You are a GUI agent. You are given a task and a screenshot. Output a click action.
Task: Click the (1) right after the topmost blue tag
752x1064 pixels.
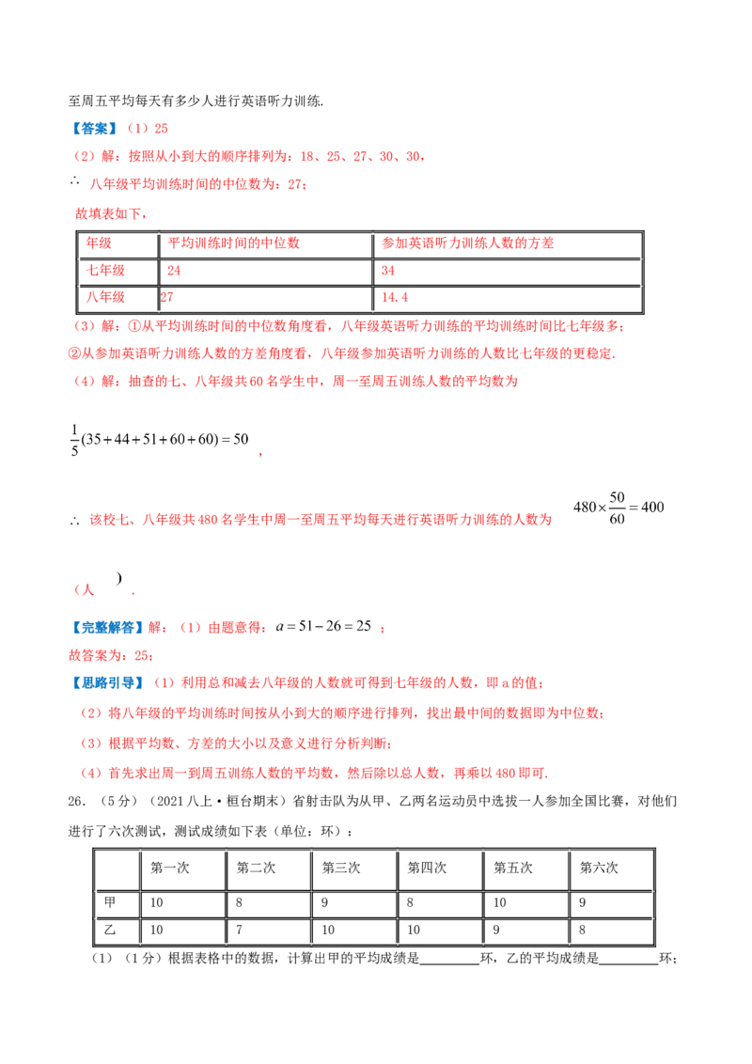[x=136, y=128]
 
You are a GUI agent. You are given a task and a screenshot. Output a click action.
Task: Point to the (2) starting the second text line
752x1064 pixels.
[x=81, y=157]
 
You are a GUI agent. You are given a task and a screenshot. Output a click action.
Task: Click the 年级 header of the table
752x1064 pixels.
[x=97, y=243]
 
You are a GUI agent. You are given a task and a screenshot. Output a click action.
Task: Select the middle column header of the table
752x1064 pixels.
[x=232, y=243]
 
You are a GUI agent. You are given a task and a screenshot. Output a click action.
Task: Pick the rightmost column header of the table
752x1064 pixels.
[x=466, y=243]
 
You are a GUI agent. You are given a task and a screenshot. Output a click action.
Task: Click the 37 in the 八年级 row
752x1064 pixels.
[x=166, y=298]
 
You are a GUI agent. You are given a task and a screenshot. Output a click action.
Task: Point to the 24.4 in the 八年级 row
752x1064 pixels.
[x=392, y=298]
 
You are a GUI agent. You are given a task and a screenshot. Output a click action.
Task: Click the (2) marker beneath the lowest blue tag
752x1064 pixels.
[x=91, y=714]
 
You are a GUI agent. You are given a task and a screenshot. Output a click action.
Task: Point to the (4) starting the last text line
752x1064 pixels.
[x=91, y=774]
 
